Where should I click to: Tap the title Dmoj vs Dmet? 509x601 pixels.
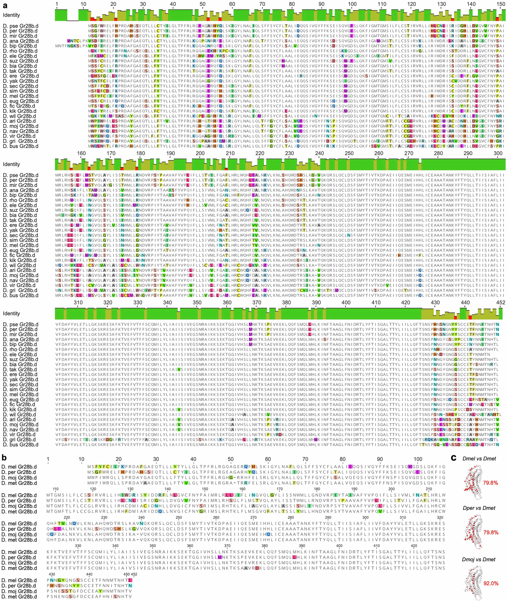(x=478, y=559)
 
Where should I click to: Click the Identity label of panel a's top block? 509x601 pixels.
(x=12, y=15)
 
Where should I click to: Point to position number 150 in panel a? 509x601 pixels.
(x=501, y=4)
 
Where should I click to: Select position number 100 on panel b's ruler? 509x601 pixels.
(x=418, y=459)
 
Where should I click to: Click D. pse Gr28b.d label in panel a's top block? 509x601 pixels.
(x=21, y=26)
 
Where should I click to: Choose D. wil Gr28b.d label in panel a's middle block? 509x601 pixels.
(x=20, y=265)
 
